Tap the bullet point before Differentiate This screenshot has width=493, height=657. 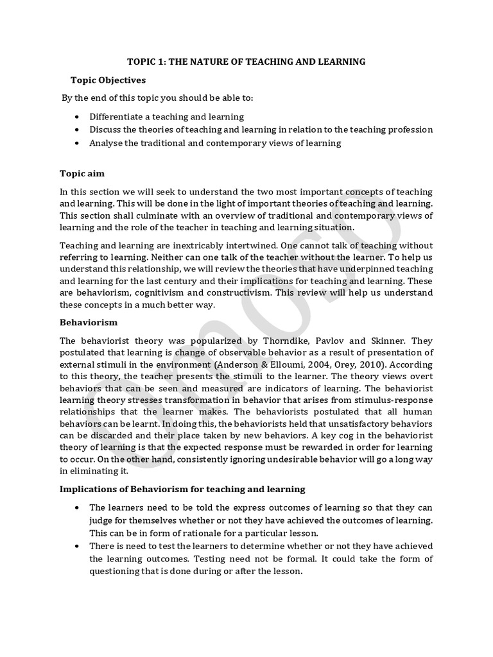[x=78, y=117]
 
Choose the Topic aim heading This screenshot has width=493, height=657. [x=82, y=173]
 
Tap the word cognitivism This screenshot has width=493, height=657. [x=170, y=292]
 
